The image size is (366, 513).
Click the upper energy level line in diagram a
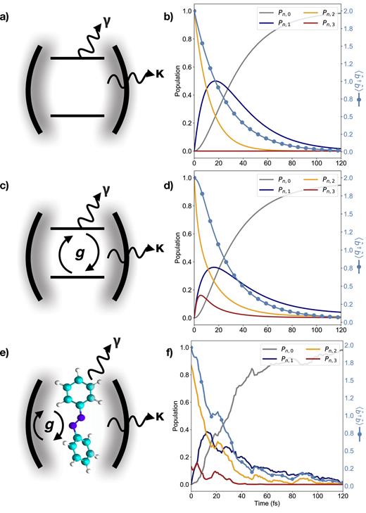[77, 58]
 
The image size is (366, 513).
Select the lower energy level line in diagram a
[77, 115]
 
